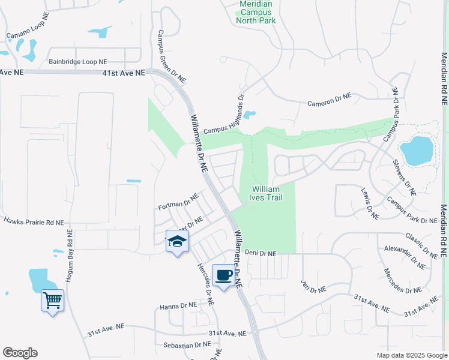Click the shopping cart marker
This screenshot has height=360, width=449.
tap(53, 299)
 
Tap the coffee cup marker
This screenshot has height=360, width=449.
tap(223, 275)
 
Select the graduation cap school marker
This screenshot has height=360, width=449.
tap(177, 241)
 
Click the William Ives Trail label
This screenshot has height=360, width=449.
tap(265, 193)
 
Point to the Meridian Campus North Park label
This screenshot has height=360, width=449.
tap(256, 12)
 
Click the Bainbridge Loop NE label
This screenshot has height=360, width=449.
tap(78, 62)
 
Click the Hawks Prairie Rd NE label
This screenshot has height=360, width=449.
tap(34, 221)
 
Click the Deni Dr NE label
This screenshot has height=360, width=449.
tap(260, 254)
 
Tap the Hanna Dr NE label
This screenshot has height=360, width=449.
tap(178, 306)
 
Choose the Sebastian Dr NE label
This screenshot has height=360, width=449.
tap(187, 345)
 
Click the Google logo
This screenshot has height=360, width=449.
tap(20, 353)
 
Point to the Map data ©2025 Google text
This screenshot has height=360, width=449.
tap(411, 355)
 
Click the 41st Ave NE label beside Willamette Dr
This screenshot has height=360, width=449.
tap(123, 73)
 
